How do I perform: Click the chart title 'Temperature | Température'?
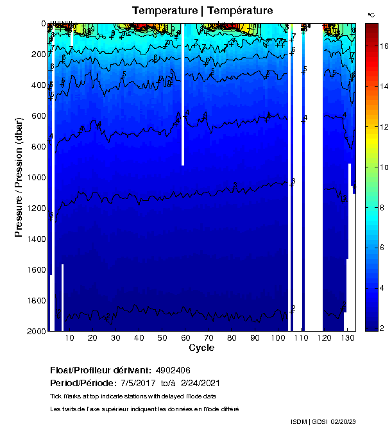(202, 10)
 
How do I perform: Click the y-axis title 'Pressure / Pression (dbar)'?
(19, 177)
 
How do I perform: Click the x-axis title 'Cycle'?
(201, 348)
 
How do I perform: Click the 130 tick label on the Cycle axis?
(347, 338)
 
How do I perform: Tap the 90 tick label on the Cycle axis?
(255, 338)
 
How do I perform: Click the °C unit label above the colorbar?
(371, 14)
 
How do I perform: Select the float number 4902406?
(173, 371)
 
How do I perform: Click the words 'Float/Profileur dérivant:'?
(99, 371)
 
